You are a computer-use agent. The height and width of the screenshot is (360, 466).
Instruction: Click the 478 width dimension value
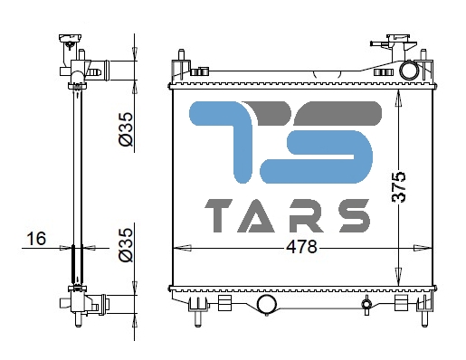click(301, 248)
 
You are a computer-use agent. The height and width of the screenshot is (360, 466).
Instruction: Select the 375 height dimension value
click(398, 187)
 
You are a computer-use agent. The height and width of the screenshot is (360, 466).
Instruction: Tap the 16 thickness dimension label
click(36, 239)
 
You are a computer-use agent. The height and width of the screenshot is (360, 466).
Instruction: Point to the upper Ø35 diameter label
click(126, 129)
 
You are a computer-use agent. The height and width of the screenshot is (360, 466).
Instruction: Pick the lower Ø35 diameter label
click(126, 245)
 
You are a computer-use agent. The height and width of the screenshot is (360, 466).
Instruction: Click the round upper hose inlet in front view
click(409, 71)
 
